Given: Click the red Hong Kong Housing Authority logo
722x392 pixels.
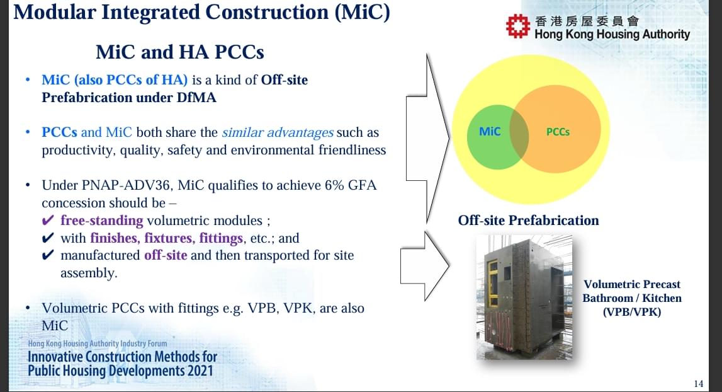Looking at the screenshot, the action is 518,26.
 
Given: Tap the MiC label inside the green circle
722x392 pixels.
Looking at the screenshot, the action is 490,132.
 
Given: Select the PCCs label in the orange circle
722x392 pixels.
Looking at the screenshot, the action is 558,132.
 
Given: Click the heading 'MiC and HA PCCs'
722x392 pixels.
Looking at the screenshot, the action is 179,52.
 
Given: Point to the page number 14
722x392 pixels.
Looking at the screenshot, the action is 699,383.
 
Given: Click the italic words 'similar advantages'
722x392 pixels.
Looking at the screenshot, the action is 278,132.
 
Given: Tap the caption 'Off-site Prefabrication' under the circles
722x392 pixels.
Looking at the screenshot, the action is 528,221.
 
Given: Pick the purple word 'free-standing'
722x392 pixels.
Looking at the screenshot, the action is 102,221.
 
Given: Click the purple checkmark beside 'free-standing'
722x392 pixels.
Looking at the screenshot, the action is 48,221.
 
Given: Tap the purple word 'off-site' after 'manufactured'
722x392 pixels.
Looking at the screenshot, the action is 166,255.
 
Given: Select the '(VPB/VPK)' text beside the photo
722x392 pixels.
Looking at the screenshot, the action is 632,312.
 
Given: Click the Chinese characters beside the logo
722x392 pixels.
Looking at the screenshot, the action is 587,21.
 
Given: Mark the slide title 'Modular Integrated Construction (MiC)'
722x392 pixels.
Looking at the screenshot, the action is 201,12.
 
